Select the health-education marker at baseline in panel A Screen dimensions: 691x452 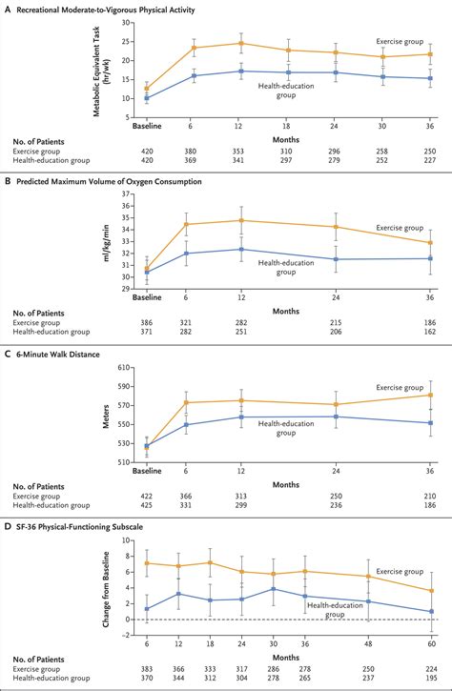click(x=146, y=97)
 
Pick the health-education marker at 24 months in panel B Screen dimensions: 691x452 click(x=336, y=258)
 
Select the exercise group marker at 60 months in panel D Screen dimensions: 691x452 click(x=432, y=591)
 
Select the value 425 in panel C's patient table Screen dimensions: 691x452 click(x=146, y=505)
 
